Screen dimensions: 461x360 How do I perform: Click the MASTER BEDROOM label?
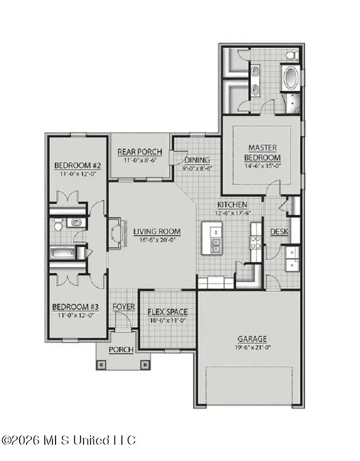click(x=262, y=153)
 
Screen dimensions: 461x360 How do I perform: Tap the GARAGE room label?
click(x=252, y=338)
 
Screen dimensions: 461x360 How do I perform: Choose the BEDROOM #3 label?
click(x=75, y=307)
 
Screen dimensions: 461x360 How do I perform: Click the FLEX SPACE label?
click(x=168, y=312)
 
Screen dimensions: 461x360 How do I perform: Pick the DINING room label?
click(x=197, y=160)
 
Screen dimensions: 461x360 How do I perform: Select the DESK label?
click(x=279, y=232)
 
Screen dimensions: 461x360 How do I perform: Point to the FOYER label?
click(x=123, y=307)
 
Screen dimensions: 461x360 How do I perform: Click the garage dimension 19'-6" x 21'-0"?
click(x=252, y=347)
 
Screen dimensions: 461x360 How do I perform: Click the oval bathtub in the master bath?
click(x=289, y=79)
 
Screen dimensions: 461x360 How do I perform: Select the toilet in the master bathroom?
click(x=289, y=54)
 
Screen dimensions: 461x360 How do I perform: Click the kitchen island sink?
click(x=216, y=245)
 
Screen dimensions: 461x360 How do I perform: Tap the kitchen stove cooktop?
click(x=255, y=242)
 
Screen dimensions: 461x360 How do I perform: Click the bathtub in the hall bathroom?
click(x=62, y=253)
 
